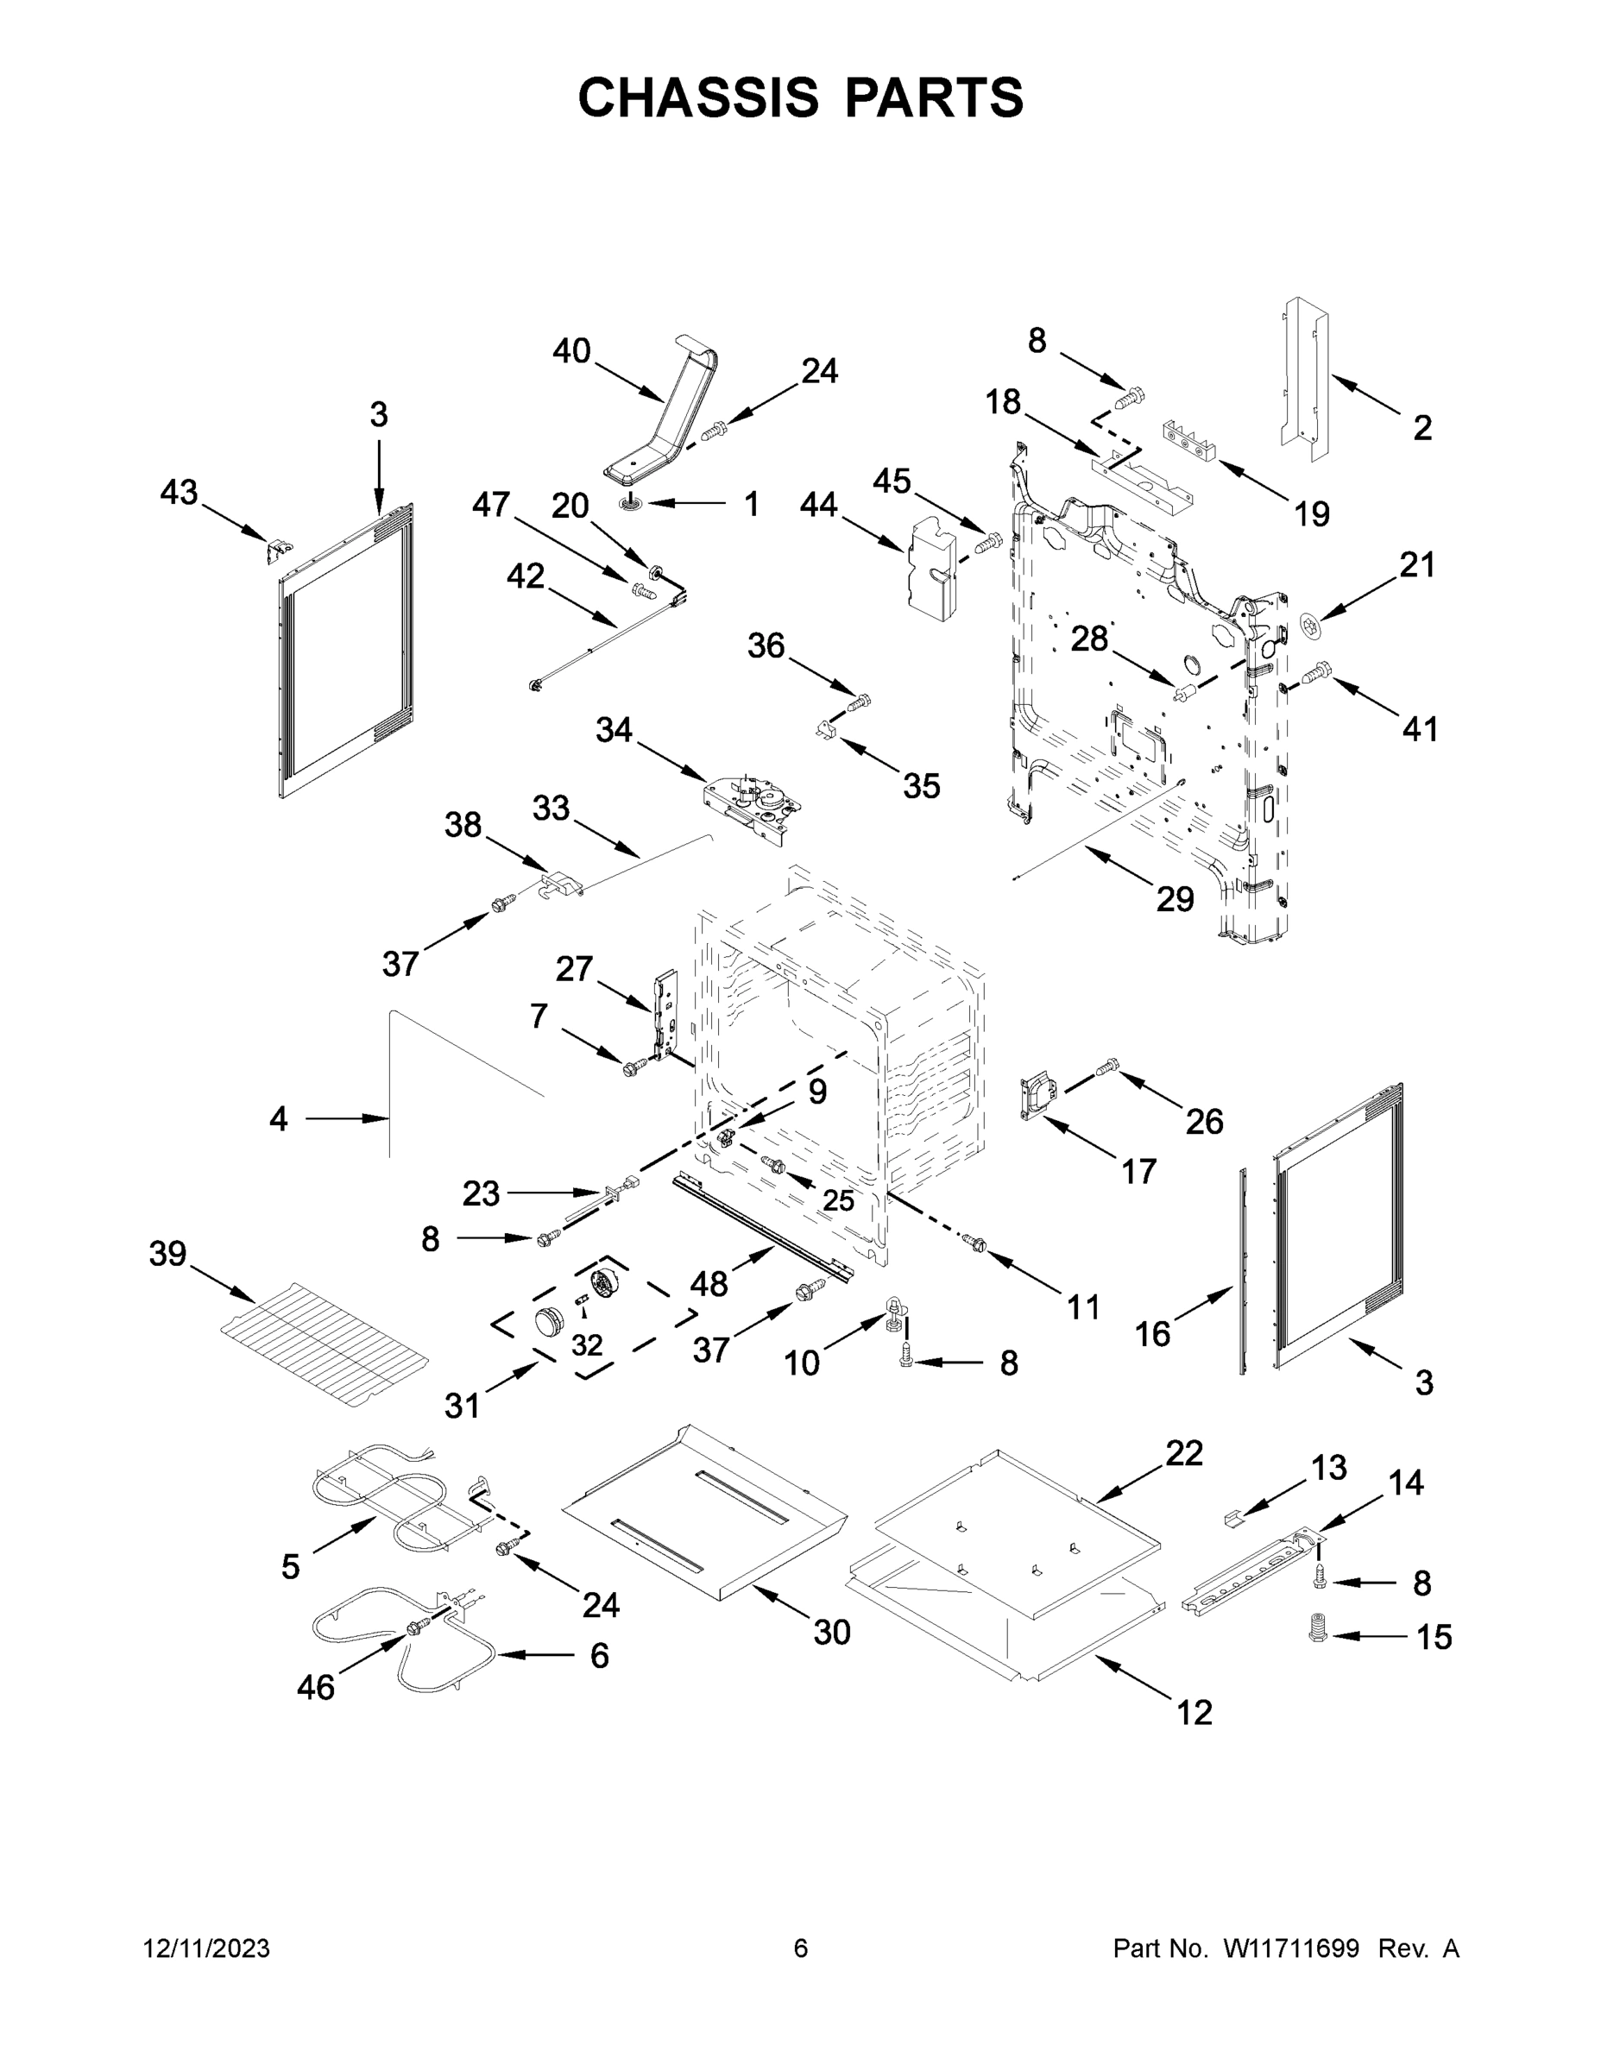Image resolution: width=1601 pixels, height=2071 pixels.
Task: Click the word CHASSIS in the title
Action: click(698, 98)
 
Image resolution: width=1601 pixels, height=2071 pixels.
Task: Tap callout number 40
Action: click(572, 352)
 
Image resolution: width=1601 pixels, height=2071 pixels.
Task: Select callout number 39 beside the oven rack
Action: click(168, 1254)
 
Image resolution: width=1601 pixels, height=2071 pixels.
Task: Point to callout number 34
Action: click(614, 730)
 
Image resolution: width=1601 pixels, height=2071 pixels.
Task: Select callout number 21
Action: click(1417, 565)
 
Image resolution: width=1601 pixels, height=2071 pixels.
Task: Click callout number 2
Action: click(1421, 429)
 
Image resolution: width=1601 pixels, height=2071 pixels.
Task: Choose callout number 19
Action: click(1312, 515)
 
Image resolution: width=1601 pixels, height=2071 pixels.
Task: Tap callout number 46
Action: click(316, 1687)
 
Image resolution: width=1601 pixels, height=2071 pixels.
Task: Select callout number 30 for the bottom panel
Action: click(832, 1632)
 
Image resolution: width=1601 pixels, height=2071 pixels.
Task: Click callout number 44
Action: click(817, 506)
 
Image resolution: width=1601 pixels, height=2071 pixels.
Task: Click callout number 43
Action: click(180, 492)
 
